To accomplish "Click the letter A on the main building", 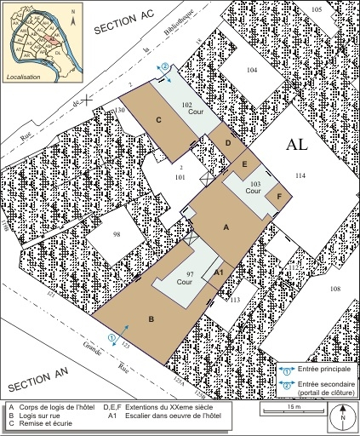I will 226,227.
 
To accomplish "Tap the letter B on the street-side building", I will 151,319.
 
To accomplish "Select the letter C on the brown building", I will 159,120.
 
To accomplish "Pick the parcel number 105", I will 316,9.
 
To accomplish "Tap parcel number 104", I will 251,69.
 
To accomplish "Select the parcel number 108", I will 334,290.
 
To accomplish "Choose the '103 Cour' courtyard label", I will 252,187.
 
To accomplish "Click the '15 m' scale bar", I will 294,409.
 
